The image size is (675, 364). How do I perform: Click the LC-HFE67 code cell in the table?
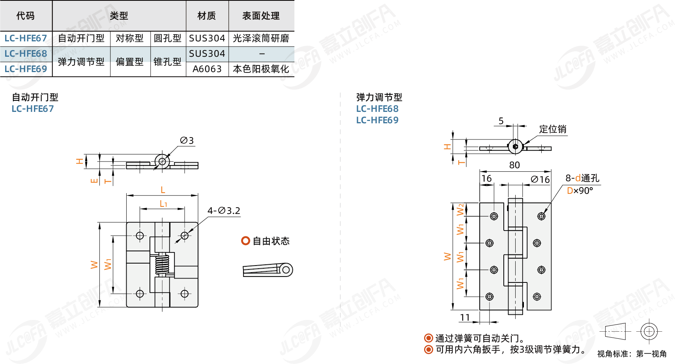point(26,38)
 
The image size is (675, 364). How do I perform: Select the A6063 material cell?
point(207,69)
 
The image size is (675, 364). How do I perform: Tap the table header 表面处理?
point(261,16)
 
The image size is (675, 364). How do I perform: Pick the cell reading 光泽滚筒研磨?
point(261,38)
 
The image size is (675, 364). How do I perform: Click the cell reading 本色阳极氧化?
point(261,69)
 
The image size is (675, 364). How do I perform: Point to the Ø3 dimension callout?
point(187,140)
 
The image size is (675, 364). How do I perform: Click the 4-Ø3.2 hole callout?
point(224,211)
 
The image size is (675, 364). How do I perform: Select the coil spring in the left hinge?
point(162,264)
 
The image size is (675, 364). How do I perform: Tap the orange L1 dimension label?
point(163,204)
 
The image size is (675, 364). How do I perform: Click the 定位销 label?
point(553,129)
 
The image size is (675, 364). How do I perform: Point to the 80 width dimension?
point(514,165)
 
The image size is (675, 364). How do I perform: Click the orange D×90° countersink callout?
point(580,190)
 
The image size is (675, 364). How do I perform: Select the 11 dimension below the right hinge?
point(465,318)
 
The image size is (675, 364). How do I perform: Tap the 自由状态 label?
point(271,241)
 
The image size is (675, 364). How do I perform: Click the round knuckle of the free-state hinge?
point(286,270)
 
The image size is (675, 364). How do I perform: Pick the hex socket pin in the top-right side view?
point(515,147)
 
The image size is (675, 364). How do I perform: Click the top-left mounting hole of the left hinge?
point(140,236)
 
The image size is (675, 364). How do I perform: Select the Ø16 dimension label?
point(540,179)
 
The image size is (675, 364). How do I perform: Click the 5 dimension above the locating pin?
point(501,121)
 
